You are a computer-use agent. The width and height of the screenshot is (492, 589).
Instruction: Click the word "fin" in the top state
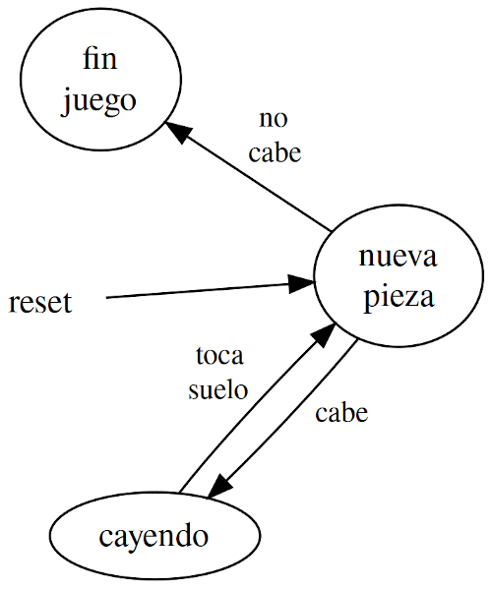click(100, 59)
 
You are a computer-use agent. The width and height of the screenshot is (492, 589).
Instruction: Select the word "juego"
click(98, 101)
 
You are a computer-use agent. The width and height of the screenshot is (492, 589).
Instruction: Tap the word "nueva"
click(399, 258)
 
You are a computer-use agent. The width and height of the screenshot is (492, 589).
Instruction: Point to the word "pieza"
click(400, 297)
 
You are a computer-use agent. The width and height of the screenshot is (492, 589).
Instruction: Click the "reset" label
click(40, 303)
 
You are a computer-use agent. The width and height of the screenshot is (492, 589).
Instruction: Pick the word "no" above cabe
click(274, 119)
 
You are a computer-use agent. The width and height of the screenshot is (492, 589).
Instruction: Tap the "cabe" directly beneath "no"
click(275, 152)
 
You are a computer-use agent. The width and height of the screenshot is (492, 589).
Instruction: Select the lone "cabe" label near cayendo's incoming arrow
click(341, 413)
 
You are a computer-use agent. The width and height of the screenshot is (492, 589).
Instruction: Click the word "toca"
click(219, 356)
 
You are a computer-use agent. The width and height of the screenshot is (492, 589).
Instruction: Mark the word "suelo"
click(218, 389)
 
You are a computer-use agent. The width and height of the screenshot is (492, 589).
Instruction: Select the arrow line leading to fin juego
click(249, 176)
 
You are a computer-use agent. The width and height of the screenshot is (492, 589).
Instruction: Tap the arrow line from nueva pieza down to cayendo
click(282, 420)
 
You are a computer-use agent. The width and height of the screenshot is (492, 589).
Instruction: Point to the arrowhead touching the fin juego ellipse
click(178, 130)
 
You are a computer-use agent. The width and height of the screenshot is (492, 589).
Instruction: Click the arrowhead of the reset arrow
click(302, 283)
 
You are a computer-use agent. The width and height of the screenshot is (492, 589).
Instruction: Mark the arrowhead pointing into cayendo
click(218, 486)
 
